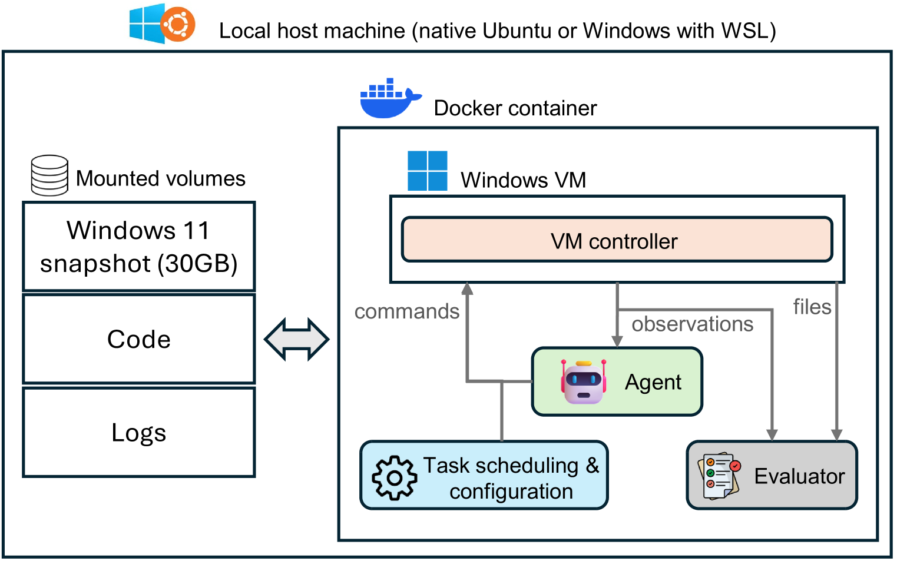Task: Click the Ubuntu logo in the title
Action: (x=178, y=25)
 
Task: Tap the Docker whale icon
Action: (x=389, y=99)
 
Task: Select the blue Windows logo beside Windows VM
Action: (x=428, y=171)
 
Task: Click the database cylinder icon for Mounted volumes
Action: (x=49, y=175)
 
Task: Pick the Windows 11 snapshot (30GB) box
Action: (x=139, y=247)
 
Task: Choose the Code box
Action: (x=139, y=339)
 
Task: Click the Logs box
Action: (x=139, y=433)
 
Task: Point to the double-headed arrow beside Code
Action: (x=296, y=340)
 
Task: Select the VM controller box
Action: (x=617, y=240)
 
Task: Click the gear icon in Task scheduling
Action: (x=395, y=477)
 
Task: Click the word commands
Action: (x=407, y=311)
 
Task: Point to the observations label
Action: (x=693, y=324)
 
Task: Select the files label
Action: (x=812, y=307)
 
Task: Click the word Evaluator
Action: (x=799, y=476)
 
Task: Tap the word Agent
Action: (x=653, y=383)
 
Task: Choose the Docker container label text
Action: (x=515, y=108)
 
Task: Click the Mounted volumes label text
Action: (x=161, y=178)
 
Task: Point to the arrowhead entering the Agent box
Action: (x=617, y=341)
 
